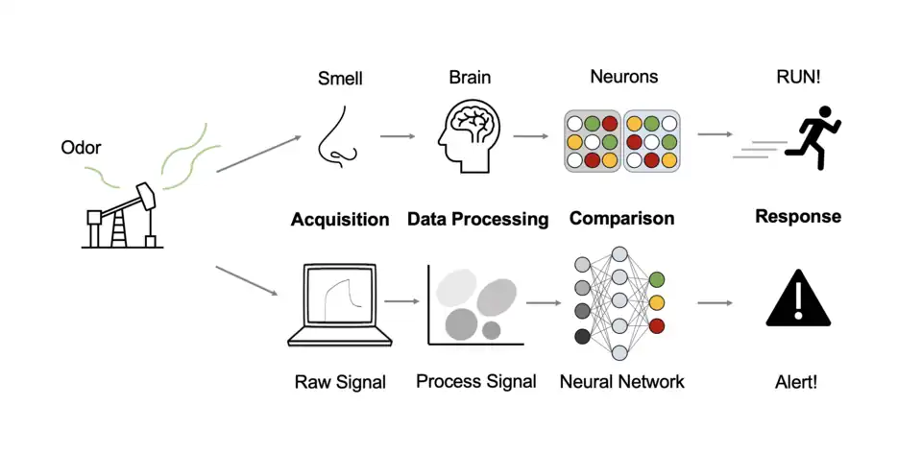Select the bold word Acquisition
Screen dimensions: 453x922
coord(340,220)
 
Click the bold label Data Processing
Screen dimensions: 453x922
coord(477,220)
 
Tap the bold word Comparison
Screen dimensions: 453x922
coord(621,218)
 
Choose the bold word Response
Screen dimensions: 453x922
coord(798,216)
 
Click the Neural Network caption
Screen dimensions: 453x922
coord(621,382)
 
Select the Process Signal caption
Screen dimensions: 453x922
coord(476,382)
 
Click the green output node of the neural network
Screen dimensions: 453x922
coord(657,279)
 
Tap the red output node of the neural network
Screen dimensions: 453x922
coord(657,326)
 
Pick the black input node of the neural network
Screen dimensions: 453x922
coord(582,336)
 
